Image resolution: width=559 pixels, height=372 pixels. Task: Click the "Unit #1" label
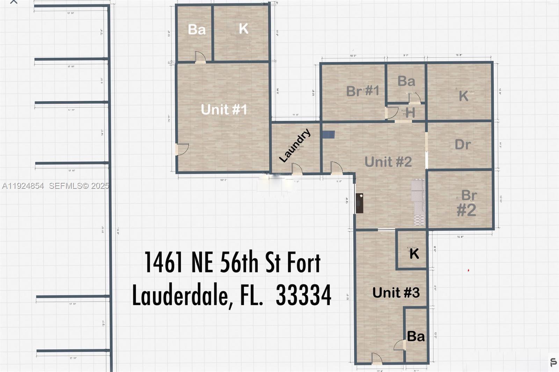(x=224, y=110)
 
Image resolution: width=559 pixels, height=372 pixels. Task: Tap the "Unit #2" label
(x=388, y=162)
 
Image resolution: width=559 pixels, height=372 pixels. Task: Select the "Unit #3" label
(x=396, y=292)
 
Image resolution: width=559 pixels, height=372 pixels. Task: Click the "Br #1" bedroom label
(x=363, y=91)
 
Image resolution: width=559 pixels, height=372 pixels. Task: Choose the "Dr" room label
(x=463, y=144)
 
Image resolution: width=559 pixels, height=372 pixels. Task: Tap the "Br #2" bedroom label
(x=467, y=203)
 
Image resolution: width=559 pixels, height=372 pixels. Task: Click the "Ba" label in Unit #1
(x=197, y=30)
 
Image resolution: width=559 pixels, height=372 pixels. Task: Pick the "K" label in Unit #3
(x=414, y=254)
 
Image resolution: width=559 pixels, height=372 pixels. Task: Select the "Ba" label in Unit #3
(x=416, y=336)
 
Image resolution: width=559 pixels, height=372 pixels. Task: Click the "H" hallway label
(x=411, y=113)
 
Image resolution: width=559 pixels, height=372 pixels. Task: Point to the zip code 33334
(x=304, y=295)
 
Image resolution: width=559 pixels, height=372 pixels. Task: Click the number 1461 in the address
(x=164, y=262)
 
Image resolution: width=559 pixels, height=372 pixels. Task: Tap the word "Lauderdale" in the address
(x=180, y=295)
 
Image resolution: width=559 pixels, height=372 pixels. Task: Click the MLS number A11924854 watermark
(x=23, y=186)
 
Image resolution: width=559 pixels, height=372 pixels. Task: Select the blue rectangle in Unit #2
(x=328, y=135)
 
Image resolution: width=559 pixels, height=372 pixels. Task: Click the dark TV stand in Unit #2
(x=359, y=203)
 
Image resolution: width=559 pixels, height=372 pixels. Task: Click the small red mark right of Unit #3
(x=469, y=270)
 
